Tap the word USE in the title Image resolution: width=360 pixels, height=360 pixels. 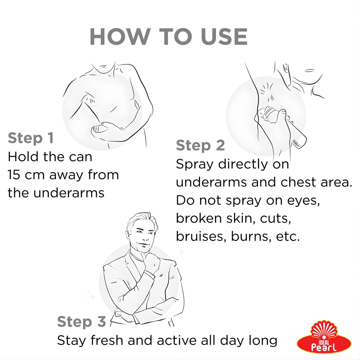[224, 37]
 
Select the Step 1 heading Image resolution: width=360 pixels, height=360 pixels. [31, 138]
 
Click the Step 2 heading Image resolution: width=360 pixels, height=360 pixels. [200, 145]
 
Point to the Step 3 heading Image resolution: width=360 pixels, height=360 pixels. [82, 321]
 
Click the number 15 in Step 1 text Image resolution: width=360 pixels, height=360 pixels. [14, 175]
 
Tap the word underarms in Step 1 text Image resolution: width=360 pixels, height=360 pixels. [69, 193]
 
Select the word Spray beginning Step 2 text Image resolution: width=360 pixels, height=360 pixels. [195, 165]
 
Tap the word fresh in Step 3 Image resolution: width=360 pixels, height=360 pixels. [107, 340]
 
